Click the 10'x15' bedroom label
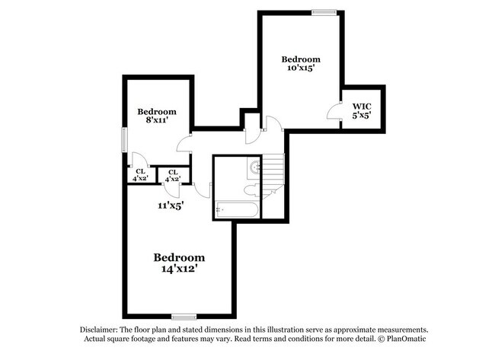(301, 64)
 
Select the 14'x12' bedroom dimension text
(180, 268)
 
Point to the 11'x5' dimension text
(171, 204)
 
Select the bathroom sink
(255, 167)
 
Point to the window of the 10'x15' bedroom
(324, 11)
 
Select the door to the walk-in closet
(335, 111)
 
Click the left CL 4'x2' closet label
(141, 175)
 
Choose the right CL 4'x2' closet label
(174, 175)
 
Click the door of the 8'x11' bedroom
(184, 142)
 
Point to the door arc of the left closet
(139, 160)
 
